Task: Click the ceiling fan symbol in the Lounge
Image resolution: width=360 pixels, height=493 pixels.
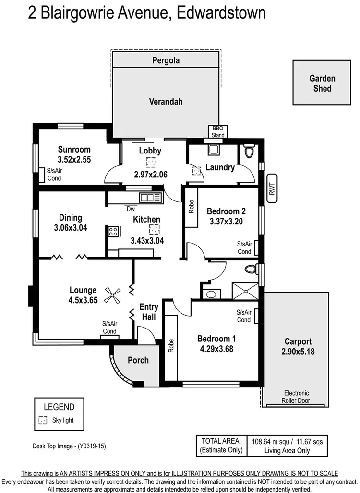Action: tap(113, 294)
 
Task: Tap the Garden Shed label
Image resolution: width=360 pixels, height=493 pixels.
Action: tap(322, 83)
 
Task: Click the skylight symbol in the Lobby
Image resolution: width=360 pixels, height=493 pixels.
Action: tap(150, 163)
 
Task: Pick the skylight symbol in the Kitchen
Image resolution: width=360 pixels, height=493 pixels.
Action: tap(154, 230)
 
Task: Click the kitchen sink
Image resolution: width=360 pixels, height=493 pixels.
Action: tap(150, 197)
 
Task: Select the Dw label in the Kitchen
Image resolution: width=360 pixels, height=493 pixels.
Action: tap(130, 209)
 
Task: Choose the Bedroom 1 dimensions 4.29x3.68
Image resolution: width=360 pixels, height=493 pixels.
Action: tap(216, 349)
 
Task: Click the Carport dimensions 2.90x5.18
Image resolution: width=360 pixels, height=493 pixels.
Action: tap(298, 352)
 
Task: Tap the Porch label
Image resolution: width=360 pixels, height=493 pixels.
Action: tap(138, 360)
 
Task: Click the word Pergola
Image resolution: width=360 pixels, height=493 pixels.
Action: tap(166, 61)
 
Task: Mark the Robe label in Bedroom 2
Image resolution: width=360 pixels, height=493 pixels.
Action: tap(191, 206)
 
